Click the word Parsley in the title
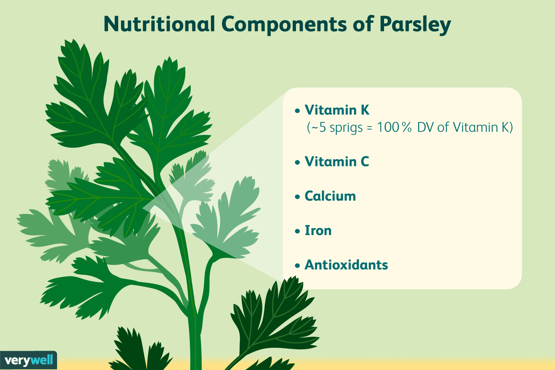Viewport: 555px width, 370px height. (415, 24)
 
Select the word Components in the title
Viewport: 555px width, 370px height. (284, 24)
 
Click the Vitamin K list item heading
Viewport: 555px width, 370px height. (337, 110)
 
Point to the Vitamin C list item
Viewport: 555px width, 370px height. (337, 162)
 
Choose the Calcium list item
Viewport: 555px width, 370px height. (330, 196)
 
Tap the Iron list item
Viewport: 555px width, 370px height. (318, 231)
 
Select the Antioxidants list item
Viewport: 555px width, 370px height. (346, 265)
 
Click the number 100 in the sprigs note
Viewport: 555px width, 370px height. (388, 127)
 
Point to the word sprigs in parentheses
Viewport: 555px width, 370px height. (346, 128)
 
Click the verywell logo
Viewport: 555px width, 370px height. (28, 360)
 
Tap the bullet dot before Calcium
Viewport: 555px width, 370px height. (297, 197)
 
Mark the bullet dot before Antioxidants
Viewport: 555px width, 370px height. (297, 266)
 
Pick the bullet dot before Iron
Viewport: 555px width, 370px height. (297, 231)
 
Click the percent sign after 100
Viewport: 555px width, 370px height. (407, 127)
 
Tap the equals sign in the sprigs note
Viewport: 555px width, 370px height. (369, 128)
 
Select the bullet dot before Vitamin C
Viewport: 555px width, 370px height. (297, 162)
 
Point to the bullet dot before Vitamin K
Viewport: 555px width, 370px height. (297, 111)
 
